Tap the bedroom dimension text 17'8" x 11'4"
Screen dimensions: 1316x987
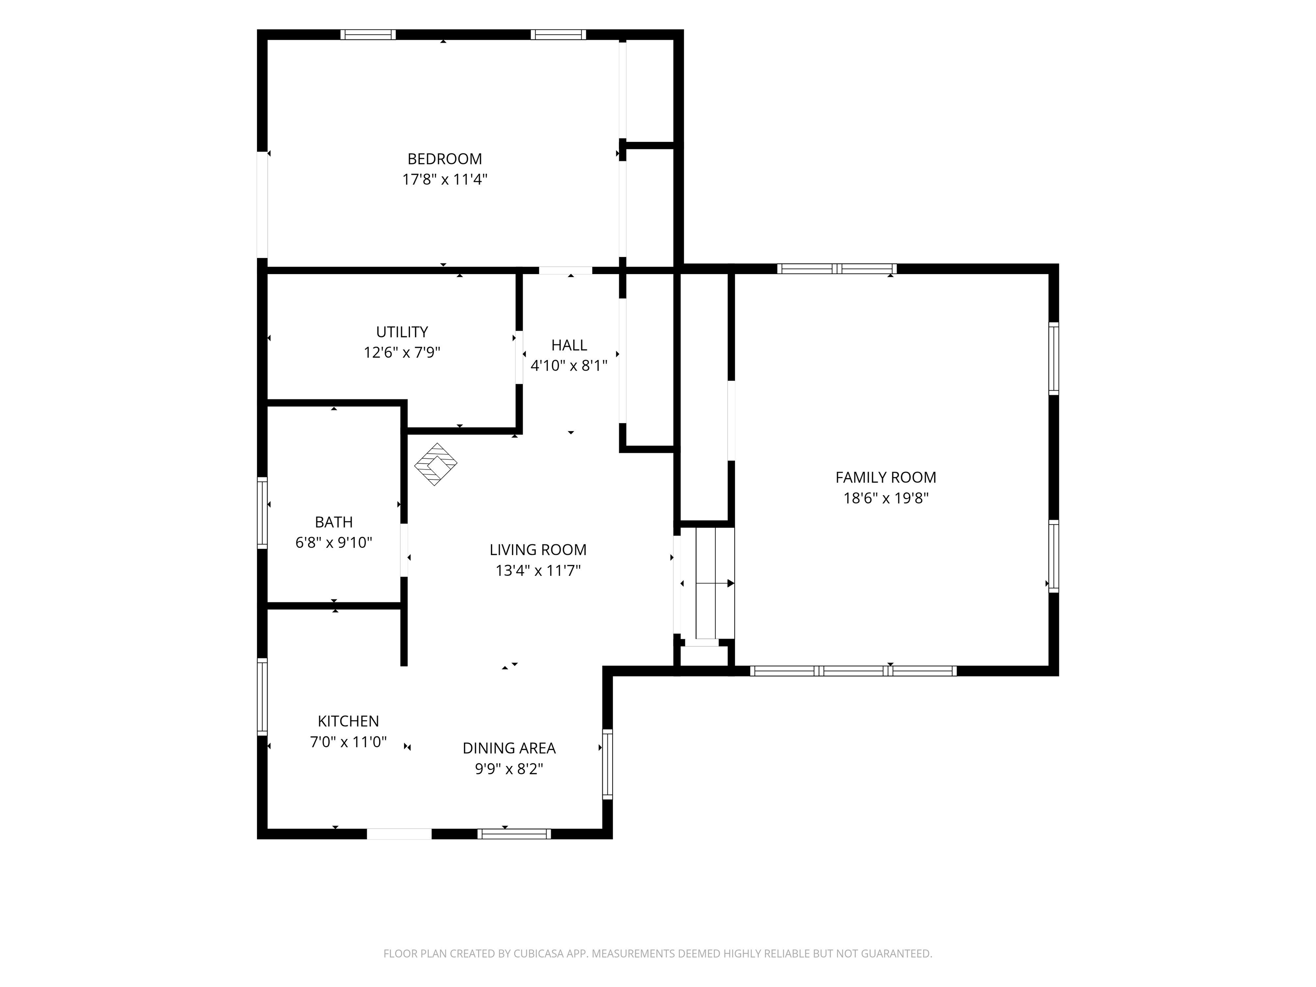(445, 179)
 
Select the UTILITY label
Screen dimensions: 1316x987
(402, 332)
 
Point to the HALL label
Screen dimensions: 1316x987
(569, 345)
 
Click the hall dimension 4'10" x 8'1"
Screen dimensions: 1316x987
(569, 366)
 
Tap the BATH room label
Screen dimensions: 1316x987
(334, 522)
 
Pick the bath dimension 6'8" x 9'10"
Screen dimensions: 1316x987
(334, 543)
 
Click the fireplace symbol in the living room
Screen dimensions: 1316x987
(436, 464)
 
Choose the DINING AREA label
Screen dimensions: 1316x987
(509, 748)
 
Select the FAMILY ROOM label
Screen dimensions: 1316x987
(886, 478)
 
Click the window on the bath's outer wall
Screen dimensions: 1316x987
(262, 512)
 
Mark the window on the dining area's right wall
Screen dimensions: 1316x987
(607, 764)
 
